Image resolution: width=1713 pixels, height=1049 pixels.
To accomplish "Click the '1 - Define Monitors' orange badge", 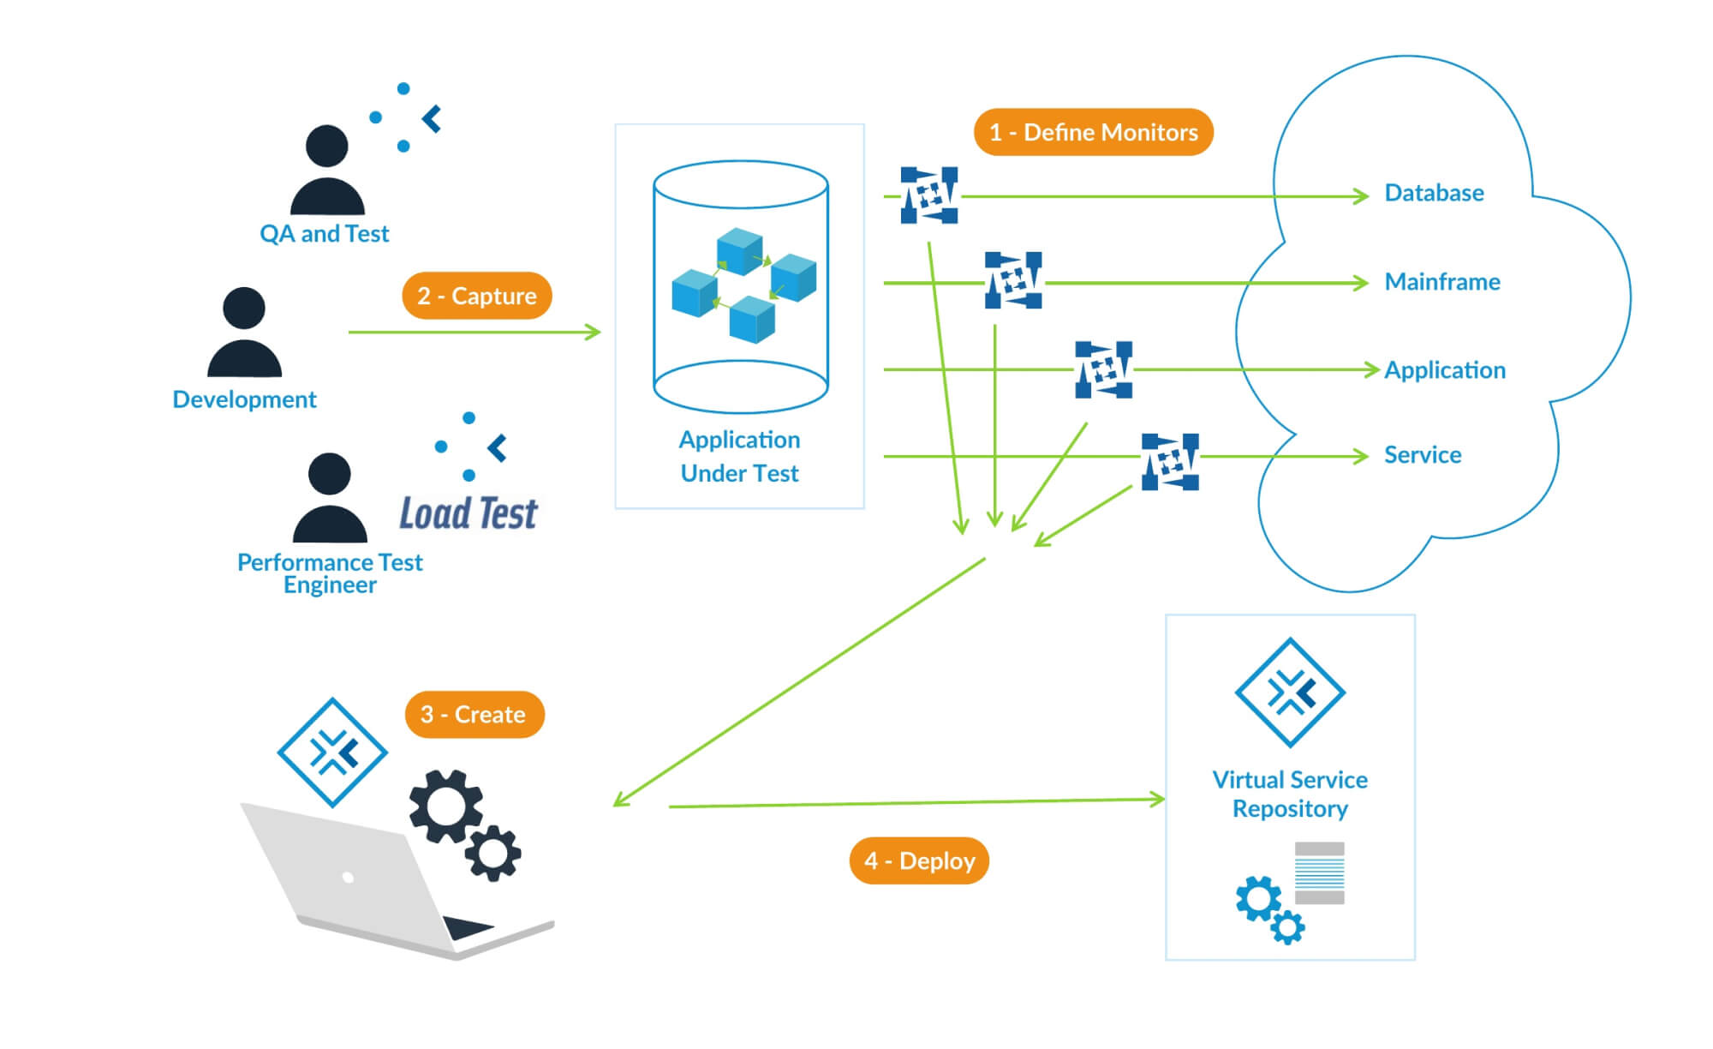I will tap(1093, 132).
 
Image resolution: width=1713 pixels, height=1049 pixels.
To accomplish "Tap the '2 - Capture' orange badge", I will tap(476, 296).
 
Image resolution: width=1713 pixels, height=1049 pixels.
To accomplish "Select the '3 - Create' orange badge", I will tap(474, 714).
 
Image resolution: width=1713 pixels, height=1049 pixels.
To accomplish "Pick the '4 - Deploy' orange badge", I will tap(919, 860).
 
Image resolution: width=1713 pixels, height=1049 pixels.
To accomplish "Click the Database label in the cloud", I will tap(1434, 193).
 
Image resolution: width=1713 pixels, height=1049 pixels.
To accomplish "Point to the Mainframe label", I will tap(1442, 282).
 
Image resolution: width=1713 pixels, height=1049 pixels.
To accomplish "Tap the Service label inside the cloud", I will tap(1423, 455).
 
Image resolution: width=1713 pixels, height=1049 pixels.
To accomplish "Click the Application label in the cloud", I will tap(1445, 370).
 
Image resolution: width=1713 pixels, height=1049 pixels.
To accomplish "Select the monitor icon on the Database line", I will tap(929, 195).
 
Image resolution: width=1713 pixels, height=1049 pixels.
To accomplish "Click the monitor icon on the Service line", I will tap(1170, 462).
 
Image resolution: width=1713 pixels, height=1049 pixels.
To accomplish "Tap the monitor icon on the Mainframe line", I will tap(1013, 280).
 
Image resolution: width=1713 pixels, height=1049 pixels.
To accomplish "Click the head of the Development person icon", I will tap(244, 308).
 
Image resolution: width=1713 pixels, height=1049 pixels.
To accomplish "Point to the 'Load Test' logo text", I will tap(469, 513).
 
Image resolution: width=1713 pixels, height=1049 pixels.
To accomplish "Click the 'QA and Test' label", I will tap(324, 234).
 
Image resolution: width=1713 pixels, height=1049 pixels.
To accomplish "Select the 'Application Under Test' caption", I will tap(739, 456).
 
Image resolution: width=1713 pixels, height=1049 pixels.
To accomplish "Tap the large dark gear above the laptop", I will tap(445, 806).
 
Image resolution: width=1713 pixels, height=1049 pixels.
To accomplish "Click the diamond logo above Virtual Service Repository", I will tap(1290, 692).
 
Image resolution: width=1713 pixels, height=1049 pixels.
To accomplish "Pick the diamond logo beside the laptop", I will tap(332, 752).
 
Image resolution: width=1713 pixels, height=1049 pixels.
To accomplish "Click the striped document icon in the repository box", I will tap(1319, 872).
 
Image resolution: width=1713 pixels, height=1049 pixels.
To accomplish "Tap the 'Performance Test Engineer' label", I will tap(330, 573).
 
